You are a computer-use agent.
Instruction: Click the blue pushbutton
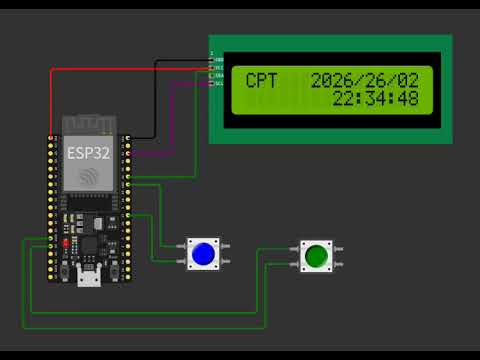point(203,253)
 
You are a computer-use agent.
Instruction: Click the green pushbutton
point(316,255)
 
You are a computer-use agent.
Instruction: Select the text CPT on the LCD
point(263,80)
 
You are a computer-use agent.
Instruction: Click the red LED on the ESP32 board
point(65,243)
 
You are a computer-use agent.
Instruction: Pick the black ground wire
point(157,100)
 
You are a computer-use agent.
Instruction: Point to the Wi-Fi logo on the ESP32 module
point(89,177)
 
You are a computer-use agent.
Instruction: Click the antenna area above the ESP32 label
point(89,126)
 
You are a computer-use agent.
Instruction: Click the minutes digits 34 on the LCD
point(376,98)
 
